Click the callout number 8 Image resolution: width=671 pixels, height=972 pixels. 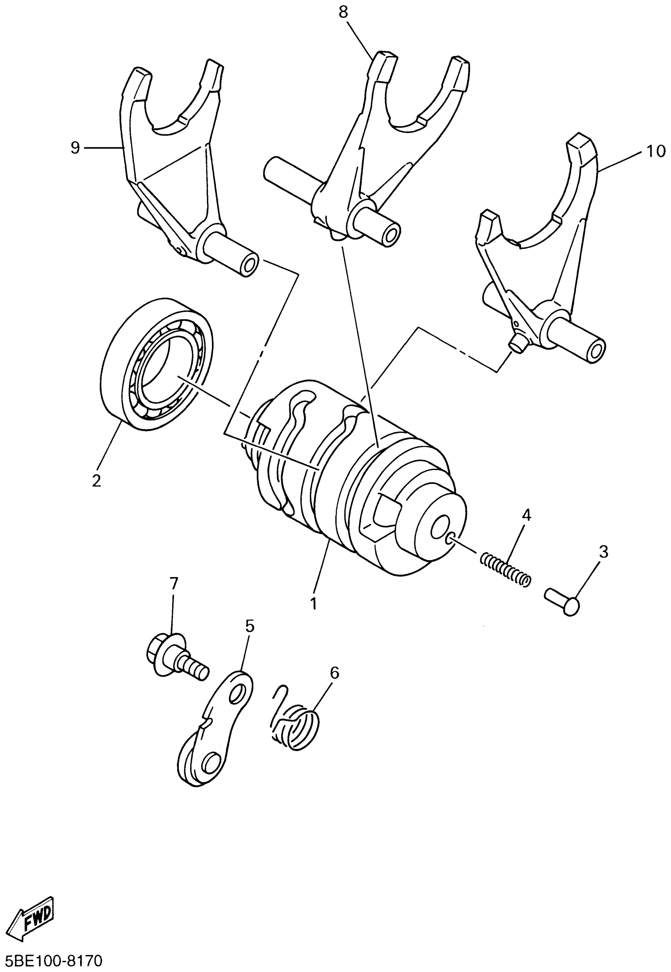coord(343,13)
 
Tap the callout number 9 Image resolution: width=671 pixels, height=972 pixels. coord(75,148)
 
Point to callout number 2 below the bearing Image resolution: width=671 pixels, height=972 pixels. coord(97,481)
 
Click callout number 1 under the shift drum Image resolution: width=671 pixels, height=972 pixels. coord(313,604)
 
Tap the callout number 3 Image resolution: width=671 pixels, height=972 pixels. coord(604,551)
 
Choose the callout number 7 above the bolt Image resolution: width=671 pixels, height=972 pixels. coord(174,583)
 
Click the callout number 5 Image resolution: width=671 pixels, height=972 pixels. coord(250,626)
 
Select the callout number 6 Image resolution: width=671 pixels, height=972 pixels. coord(334,673)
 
